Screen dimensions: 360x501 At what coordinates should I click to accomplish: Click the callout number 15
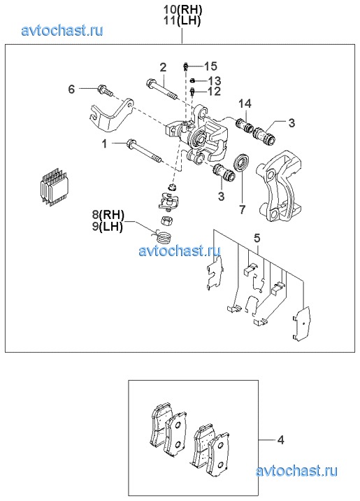210,66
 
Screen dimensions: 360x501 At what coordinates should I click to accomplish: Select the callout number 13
214,80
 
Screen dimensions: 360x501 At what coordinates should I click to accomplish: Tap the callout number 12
214,92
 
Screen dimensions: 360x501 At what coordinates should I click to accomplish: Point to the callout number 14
245,104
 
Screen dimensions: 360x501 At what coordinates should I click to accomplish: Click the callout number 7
243,210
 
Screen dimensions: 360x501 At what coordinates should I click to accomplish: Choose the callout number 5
257,238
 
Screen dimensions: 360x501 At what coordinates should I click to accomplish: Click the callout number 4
280,440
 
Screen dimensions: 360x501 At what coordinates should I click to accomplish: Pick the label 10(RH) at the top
182,10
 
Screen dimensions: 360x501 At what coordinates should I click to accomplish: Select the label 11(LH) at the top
182,21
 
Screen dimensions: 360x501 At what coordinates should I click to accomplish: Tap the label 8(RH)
108,215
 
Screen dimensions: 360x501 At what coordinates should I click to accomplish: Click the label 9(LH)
108,227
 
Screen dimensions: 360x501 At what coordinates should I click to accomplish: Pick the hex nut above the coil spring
166,221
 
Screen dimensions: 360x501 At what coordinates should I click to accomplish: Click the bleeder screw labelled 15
185,66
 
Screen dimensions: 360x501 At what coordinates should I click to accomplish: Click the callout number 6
72,89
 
